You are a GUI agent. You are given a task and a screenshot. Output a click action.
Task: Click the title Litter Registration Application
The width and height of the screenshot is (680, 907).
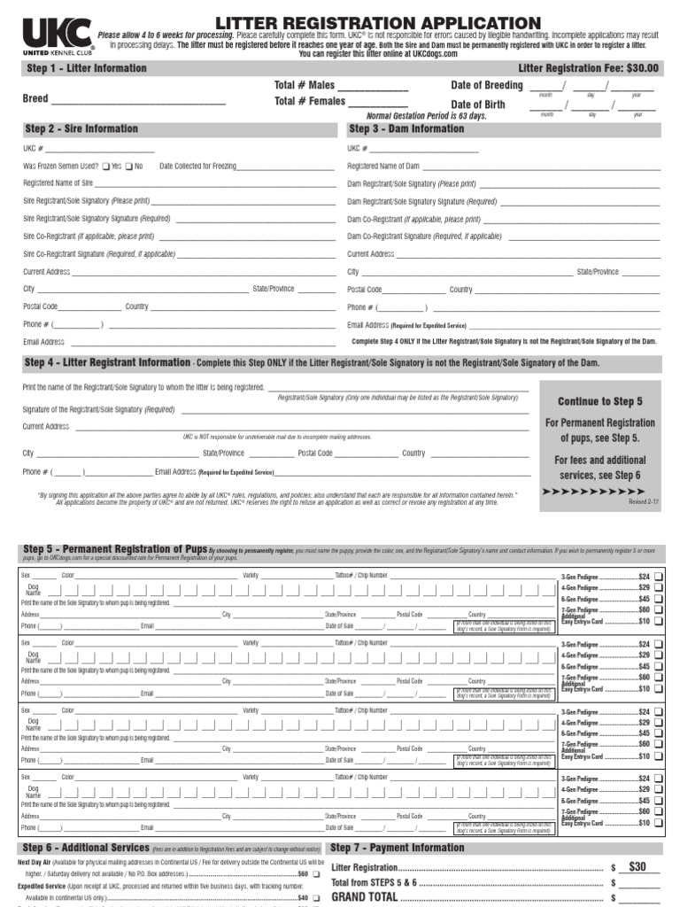point(377,22)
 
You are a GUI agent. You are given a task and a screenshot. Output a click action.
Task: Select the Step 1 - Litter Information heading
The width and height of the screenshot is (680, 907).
point(87,68)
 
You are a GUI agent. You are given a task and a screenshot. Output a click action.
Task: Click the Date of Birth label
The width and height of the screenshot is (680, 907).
point(478,105)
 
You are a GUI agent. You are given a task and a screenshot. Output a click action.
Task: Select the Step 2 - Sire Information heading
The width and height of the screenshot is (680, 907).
point(81,129)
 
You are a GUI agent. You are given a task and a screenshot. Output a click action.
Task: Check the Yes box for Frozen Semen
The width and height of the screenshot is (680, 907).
point(106,167)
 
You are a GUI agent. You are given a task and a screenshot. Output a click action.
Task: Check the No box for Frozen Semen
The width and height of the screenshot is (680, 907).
point(129,167)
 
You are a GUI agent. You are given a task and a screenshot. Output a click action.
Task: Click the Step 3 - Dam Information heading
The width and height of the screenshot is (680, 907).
point(406,129)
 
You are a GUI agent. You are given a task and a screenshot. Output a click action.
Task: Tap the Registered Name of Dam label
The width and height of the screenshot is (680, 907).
point(383,167)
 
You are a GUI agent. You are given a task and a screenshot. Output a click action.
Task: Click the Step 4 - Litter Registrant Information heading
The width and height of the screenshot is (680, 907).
point(107,363)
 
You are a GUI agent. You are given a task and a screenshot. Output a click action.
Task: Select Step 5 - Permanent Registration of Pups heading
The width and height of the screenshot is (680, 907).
point(115,551)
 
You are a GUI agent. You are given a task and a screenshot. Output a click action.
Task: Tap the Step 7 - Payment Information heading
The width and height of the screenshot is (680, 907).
point(398,849)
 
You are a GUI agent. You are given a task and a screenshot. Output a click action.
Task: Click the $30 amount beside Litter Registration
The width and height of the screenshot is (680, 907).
point(637,867)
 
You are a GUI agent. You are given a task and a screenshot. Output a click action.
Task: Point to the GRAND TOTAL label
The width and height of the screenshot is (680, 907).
point(364,897)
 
